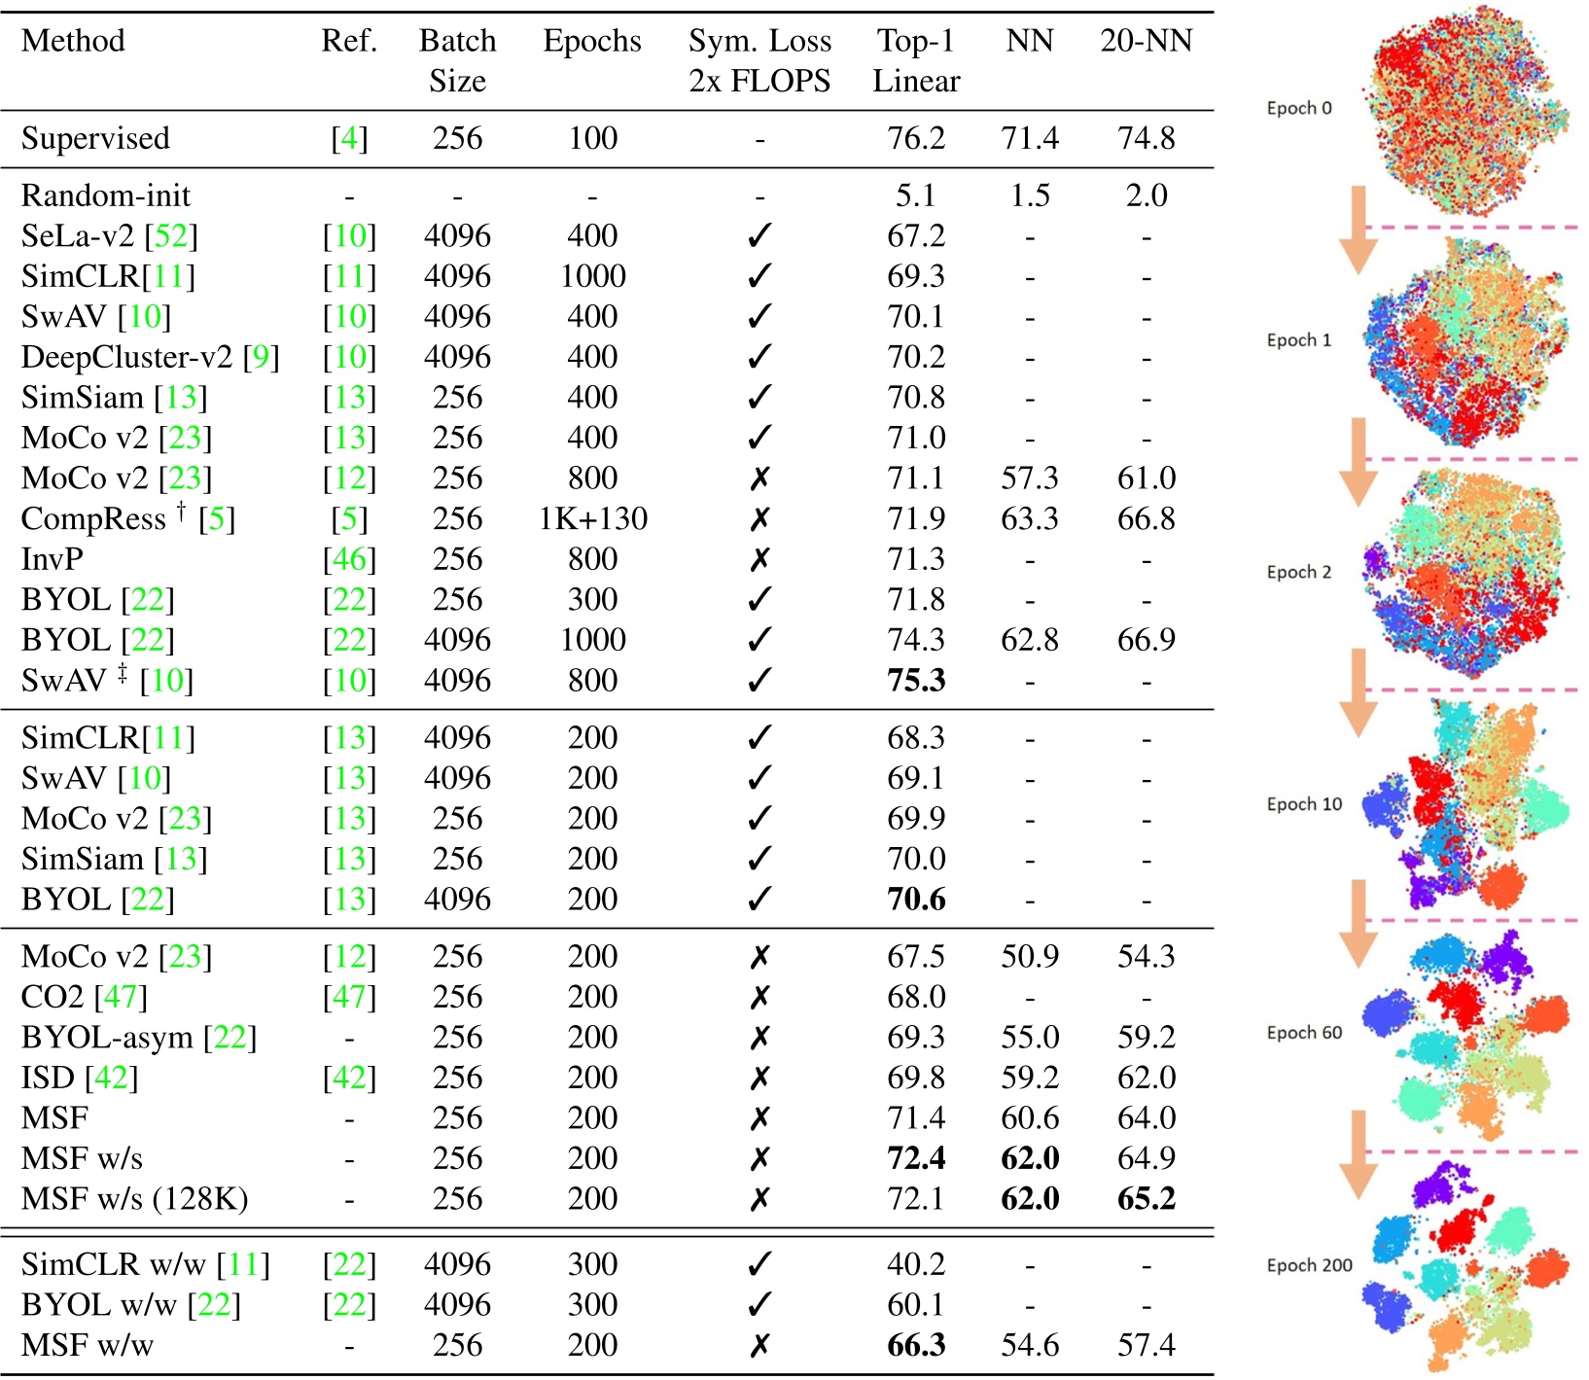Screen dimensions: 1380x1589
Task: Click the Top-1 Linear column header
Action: [915, 60]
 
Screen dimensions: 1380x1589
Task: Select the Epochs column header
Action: [591, 41]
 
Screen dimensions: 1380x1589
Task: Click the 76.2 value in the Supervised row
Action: [915, 138]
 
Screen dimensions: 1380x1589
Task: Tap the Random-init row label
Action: [105, 195]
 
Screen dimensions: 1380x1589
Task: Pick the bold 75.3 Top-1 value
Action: [915, 680]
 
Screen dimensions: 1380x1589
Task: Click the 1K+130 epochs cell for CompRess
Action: [592, 518]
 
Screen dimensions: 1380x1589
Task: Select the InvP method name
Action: [53, 559]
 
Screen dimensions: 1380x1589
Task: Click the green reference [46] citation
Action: [349, 559]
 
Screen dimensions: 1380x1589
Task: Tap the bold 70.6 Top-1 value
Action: [915, 899]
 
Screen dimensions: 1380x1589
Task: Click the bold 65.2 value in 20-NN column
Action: [1146, 1198]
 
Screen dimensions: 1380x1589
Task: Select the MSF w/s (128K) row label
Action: [134, 1198]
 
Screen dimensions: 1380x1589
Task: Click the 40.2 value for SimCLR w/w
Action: [915, 1264]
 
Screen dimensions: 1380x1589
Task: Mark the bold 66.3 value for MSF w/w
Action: [915, 1345]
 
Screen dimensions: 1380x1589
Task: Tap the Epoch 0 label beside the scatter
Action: [1298, 108]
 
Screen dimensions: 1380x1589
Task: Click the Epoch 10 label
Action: [1303, 804]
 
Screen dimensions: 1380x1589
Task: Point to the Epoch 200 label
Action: [1309, 1265]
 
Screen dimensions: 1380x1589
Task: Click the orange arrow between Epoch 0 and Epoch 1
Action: [1359, 230]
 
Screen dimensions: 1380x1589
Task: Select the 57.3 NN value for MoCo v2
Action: [1029, 478]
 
